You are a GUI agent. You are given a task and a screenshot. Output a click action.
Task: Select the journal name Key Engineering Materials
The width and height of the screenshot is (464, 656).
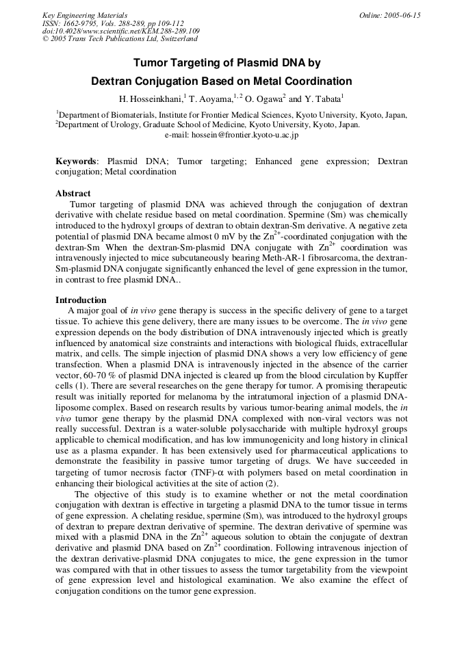coord(85,15)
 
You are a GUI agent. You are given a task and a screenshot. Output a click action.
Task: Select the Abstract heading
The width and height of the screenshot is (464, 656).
coord(73,194)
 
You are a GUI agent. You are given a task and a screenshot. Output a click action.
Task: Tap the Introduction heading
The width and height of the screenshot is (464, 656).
coord(81,300)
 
